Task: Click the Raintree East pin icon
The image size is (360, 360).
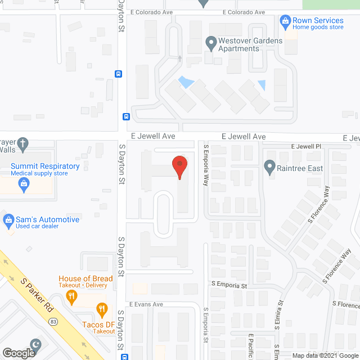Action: tap(269, 166)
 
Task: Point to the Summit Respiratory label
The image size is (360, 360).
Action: tap(45, 166)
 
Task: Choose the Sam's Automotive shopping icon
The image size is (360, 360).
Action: tap(8, 219)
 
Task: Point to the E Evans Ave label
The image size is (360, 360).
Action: tap(146, 304)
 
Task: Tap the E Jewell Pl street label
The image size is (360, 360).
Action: tap(305, 147)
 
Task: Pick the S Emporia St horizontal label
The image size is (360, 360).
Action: tap(229, 286)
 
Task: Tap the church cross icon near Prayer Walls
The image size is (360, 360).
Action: tap(22, 143)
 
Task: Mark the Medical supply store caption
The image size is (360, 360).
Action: tap(39, 174)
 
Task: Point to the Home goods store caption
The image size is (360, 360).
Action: tap(318, 27)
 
